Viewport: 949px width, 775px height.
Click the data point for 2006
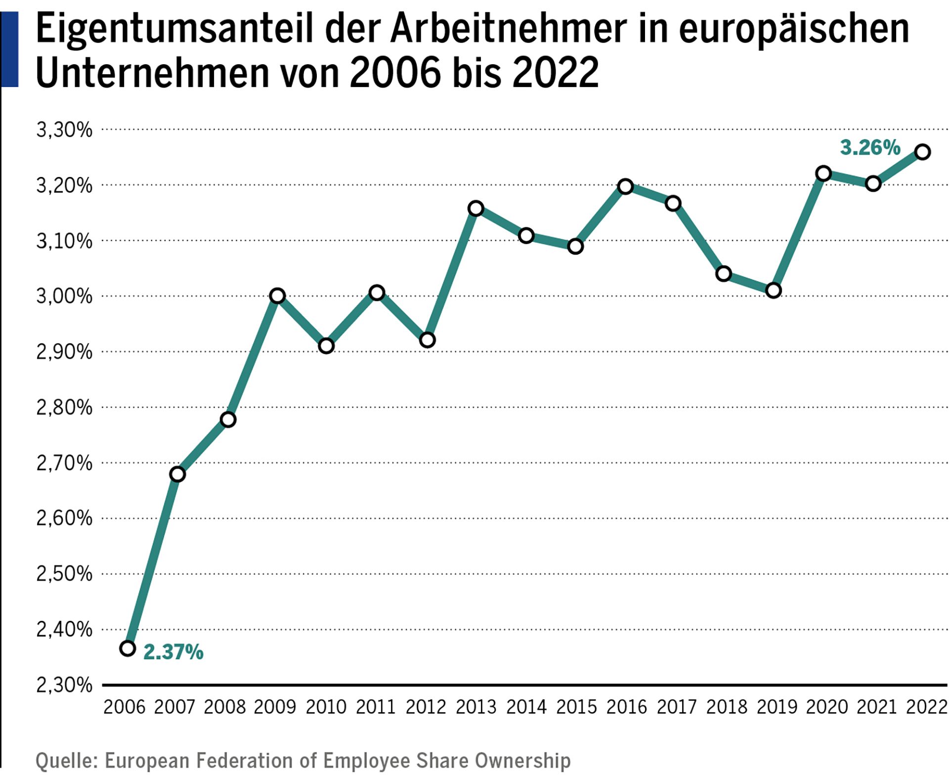(x=128, y=648)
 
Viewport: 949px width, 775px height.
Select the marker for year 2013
(x=475, y=209)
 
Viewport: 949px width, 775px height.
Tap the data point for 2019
(x=773, y=290)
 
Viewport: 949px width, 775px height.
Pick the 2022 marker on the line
(x=922, y=152)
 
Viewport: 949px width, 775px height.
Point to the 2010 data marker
(x=326, y=345)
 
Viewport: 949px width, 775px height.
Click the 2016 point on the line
(x=625, y=186)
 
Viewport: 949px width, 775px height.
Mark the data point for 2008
(x=228, y=420)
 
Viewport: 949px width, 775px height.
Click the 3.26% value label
(x=870, y=148)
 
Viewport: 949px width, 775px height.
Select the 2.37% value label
(x=173, y=652)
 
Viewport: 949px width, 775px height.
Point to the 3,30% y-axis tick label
(x=64, y=130)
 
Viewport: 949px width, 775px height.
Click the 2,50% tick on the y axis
(x=64, y=574)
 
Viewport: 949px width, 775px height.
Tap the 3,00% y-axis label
(x=64, y=297)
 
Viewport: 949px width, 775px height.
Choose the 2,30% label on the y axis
(x=64, y=685)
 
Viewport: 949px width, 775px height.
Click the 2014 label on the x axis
(x=526, y=707)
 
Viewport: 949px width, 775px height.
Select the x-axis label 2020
(x=826, y=707)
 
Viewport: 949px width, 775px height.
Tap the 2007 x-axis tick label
(x=174, y=707)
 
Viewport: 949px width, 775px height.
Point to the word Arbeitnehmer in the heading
(x=508, y=29)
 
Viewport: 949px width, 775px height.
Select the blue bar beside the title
(x=9, y=49)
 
